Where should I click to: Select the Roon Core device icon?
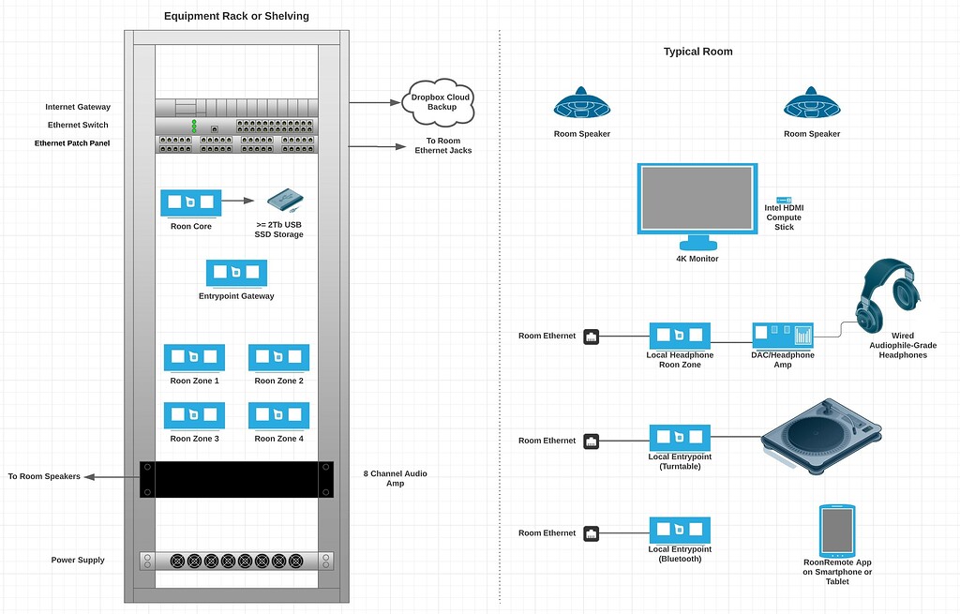tap(191, 202)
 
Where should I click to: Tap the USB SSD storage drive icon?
tap(286, 201)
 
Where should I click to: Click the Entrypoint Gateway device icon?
tap(236, 273)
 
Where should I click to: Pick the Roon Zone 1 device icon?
tap(194, 357)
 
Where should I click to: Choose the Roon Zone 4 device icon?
tap(278, 415)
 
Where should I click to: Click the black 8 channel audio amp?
tap(236, 478)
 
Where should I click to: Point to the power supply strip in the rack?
tap(236, 561)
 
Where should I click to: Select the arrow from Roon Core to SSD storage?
tap(239, 201)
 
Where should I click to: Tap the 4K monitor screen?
tap(697, 199)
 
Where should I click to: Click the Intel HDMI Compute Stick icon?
tap(784, 201)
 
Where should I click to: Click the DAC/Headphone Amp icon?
tap(782, 335)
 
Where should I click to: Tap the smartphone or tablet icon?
tap(836, 530)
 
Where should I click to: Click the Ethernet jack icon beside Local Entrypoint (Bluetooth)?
tap(592, 532)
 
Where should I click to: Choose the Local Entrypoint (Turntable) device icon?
tap(680, 438)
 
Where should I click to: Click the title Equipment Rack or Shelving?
tap(236, 16)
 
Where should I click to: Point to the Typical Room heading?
tap(697, 52)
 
